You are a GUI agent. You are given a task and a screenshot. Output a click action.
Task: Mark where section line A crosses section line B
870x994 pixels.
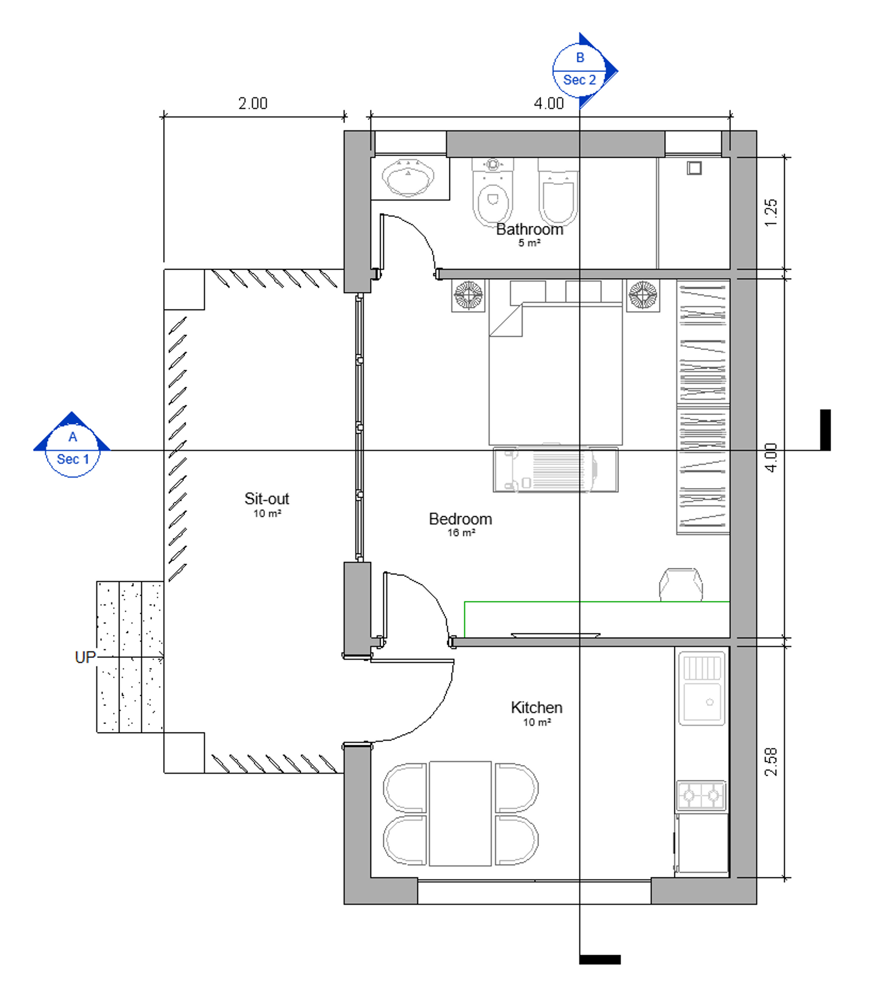(579, 450)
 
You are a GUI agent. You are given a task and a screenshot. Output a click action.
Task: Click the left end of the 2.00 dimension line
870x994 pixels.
(164, 116)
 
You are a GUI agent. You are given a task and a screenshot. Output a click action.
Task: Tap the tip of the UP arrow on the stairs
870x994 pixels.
(164, 657)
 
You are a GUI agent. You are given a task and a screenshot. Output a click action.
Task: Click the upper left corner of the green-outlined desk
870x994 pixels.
(465, 602)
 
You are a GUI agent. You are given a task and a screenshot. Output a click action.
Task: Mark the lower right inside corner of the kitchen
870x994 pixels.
(730, 877)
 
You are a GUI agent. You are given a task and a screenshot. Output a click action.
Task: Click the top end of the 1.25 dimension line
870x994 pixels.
(785, 156)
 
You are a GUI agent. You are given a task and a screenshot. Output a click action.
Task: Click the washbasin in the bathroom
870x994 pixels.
(408, 177)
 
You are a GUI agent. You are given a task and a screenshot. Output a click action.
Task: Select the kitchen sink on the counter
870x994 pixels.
(702, 689)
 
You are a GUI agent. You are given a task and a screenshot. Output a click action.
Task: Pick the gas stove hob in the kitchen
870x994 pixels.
(702, 795)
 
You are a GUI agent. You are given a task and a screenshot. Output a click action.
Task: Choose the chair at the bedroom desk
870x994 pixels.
(681, 584)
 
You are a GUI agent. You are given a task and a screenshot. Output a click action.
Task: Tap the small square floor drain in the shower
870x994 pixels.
(694, 168)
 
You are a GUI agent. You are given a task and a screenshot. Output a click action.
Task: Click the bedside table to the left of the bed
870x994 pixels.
(468, 296)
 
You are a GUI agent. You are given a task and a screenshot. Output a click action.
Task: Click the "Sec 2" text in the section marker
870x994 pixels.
(579, 80)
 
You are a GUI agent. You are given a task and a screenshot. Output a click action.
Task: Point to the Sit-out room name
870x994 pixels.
(267, 498)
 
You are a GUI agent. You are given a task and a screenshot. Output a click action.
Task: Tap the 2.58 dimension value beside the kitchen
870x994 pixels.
(770, 762)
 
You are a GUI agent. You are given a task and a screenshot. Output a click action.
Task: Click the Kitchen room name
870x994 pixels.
(536, 707)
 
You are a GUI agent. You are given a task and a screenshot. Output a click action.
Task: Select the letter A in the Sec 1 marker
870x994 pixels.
(72, 436)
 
